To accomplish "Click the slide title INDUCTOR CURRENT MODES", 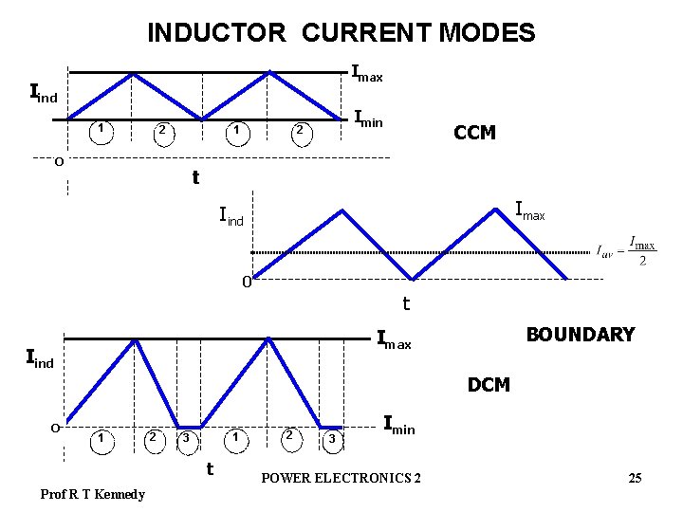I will (341, 33).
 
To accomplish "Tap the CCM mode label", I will (474, 133).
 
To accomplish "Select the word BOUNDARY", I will (580, 335).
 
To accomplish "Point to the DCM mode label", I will (489, 385).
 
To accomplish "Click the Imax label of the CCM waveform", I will (367, 72).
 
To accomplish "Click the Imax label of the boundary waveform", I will (529, 210).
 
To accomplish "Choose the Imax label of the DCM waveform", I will (394, 338).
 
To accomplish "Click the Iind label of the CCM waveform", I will (44, 94).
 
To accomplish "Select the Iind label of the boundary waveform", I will (231, 219).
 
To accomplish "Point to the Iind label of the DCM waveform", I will (39, 359).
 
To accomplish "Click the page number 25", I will (635, 478).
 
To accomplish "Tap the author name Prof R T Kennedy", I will (93, 494).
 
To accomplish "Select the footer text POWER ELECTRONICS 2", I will (341, 478).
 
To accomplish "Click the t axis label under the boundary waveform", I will (406, 304).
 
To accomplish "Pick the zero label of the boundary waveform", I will (245, 282).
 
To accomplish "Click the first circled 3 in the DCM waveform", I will (187, 438).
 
